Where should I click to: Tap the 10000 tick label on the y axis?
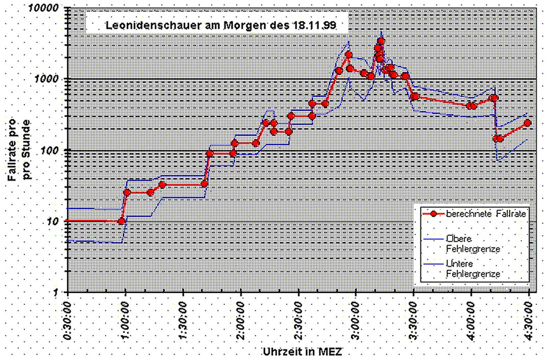(48, 9)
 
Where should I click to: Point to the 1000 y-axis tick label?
(51, 80)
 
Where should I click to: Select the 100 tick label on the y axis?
(54, 151)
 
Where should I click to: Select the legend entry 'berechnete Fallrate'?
(485, 215)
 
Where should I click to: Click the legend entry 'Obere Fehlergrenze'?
(472, 244)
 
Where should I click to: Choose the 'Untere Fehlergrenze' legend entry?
(472, 269)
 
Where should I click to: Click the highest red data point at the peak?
(381, 41)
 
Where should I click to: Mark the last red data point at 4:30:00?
(528, 123)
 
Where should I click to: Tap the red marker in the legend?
(433, 215)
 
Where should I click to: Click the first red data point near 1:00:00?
(121, 221)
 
